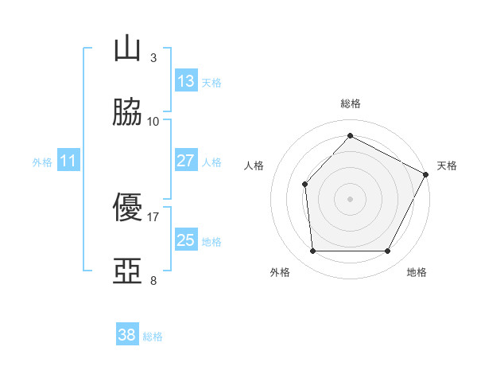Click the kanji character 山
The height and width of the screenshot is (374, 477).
[x=127, y=49]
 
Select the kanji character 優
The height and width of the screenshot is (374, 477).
[x=127, y=208]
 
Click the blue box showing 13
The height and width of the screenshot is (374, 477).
[x=186, y=80]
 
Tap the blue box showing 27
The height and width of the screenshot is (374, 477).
[x=186, y=160]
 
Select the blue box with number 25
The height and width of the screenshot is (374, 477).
[x=186, y=240]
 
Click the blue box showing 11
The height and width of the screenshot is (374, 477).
[x=68, y=161]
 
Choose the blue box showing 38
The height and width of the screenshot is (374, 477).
[x=127, y=335]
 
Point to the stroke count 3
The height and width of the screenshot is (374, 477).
[x=153, y=58]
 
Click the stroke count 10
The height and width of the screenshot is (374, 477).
[x=153, y=121]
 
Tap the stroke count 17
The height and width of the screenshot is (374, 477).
[x=153, y=216]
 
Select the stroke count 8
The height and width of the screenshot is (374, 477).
[x=153, y=280]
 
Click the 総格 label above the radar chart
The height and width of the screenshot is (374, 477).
[x=350, y=104]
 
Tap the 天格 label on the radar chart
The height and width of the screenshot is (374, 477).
[x=447, y=166]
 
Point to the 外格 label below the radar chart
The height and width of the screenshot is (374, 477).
[x=280, y=273]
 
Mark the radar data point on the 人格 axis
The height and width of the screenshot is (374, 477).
[x=304, y=184]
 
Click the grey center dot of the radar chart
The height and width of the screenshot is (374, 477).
[x=350, y=198]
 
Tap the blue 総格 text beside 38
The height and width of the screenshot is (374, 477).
[x=153, y=337]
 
